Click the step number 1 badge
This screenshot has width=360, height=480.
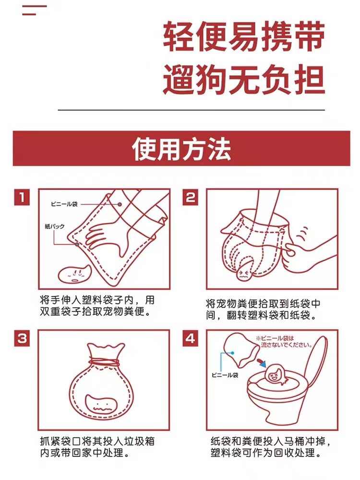pos(22,197)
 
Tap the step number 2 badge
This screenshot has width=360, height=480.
pos(190,197)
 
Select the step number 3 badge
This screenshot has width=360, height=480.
pos(22,338)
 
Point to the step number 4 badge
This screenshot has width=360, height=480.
pos(190,338)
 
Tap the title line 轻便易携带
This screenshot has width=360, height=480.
pos(244,36)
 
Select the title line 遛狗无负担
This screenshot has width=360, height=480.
pos(244,80)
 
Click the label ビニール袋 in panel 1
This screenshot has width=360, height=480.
pos(64,204)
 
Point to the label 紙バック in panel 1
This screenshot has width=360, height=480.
pos(55,226)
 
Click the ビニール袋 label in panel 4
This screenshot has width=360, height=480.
pos(225,375)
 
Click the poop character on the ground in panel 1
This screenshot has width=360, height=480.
pos(74,274)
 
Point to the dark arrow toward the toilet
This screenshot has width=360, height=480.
pos(262,361)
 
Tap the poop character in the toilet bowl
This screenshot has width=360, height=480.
pos(276,374)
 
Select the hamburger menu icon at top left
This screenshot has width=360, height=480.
pos(34,10)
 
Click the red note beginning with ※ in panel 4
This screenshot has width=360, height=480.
pos(284,342)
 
